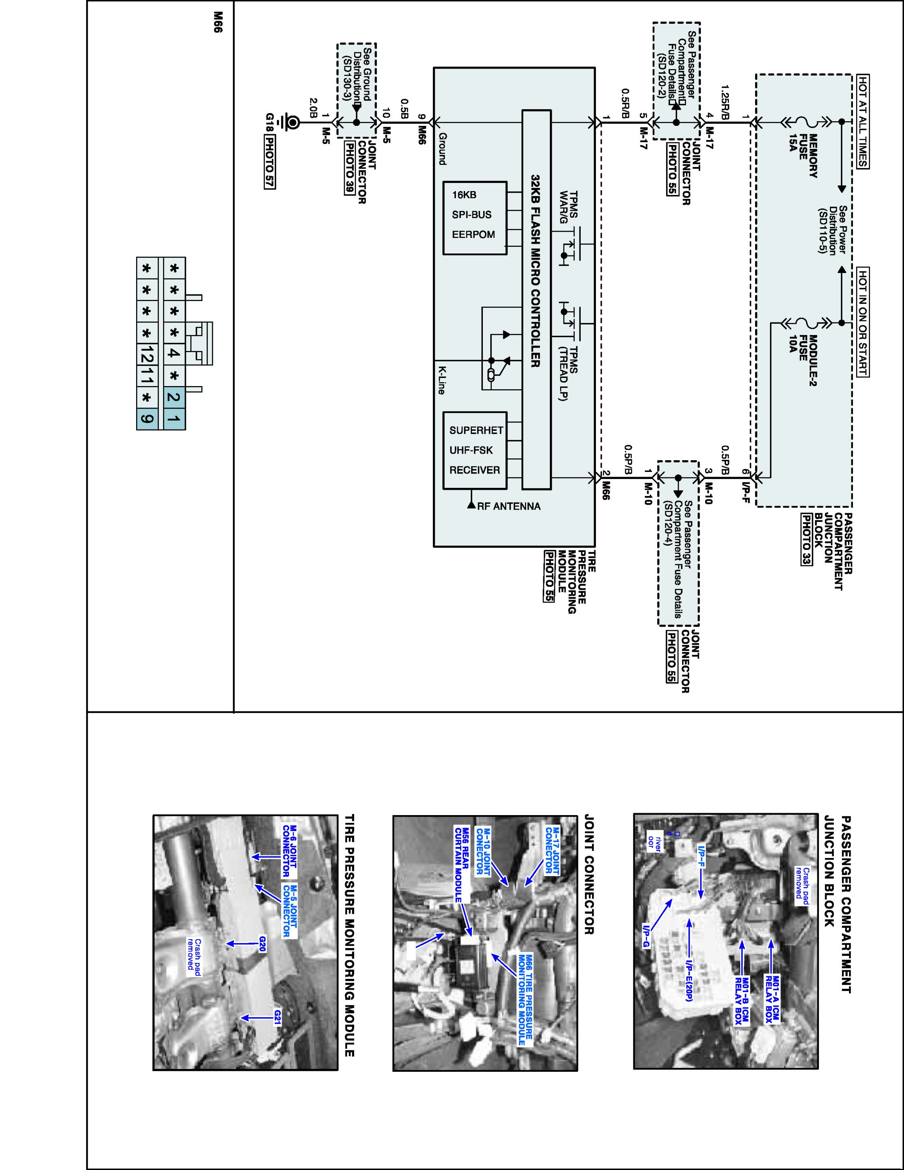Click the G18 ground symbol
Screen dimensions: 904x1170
pyautogui.click(x=293, y=123)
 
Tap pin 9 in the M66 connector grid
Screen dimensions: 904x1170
pyautogui.click(x=147, y=419)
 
